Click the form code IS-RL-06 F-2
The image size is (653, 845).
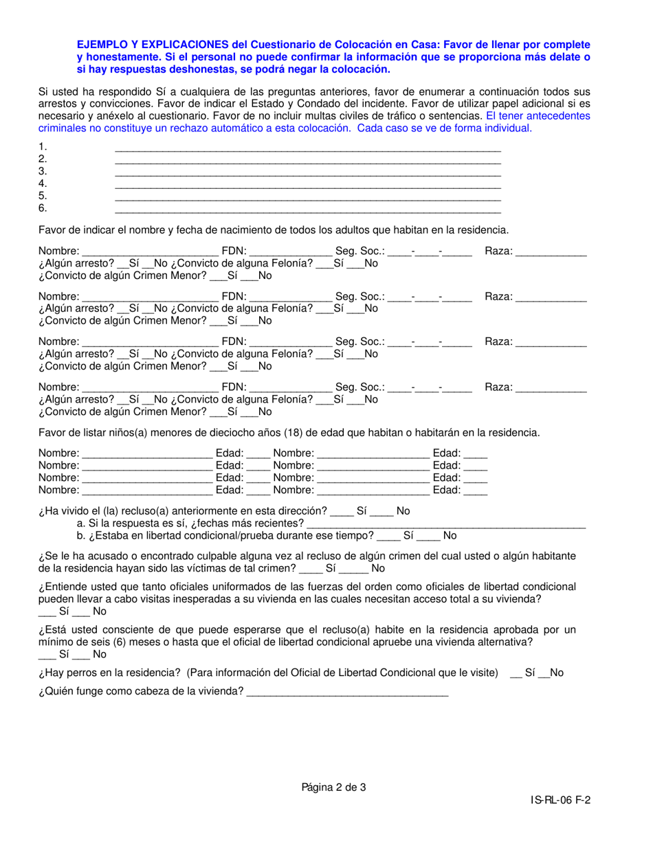[x=560, y=800]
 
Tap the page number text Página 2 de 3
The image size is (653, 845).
[x=333, y=788]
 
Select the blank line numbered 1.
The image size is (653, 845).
[x=307, y=147]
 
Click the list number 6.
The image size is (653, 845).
[x=43, y=208]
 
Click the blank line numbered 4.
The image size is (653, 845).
[x=307, y=184]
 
